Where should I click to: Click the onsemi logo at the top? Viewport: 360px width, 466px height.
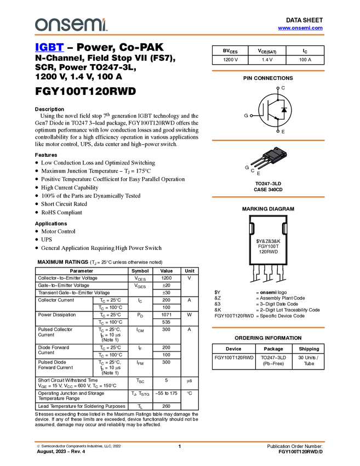(x=71, y=25)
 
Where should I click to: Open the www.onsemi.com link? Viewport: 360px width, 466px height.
(x=300, y=28)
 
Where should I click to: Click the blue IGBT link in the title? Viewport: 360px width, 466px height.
(x=49, y=47)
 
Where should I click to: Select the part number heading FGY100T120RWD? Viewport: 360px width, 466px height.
(x=85, y=91)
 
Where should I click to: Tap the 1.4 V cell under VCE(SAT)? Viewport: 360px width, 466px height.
(x=267, y=60)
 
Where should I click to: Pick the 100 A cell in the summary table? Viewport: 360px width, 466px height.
(x=305, y=60)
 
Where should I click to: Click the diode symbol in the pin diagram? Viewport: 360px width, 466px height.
(x=284, y=110)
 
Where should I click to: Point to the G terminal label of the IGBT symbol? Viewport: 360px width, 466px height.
(x=246, y=116)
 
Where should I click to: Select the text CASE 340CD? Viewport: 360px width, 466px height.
(x=268, y=190)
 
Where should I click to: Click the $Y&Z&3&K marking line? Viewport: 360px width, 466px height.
(x=268, y=241)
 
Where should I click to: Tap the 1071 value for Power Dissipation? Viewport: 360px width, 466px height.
(x=167, y=315)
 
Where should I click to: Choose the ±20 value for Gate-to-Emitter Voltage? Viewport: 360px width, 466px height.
(x=167, y=285)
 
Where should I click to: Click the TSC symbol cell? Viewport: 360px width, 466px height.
(x=140, y=380)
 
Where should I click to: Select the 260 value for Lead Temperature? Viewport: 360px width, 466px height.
(x=167, y=406)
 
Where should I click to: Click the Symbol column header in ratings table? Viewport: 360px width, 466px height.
(x=140, y=271)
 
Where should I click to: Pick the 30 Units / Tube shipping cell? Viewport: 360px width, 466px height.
(x=308, y=361)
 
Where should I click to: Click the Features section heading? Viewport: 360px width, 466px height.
(x=46, y=155)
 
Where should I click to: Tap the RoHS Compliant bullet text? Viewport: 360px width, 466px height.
(x=61, y=213)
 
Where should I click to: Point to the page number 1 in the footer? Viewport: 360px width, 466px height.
(x=180, y=446)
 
